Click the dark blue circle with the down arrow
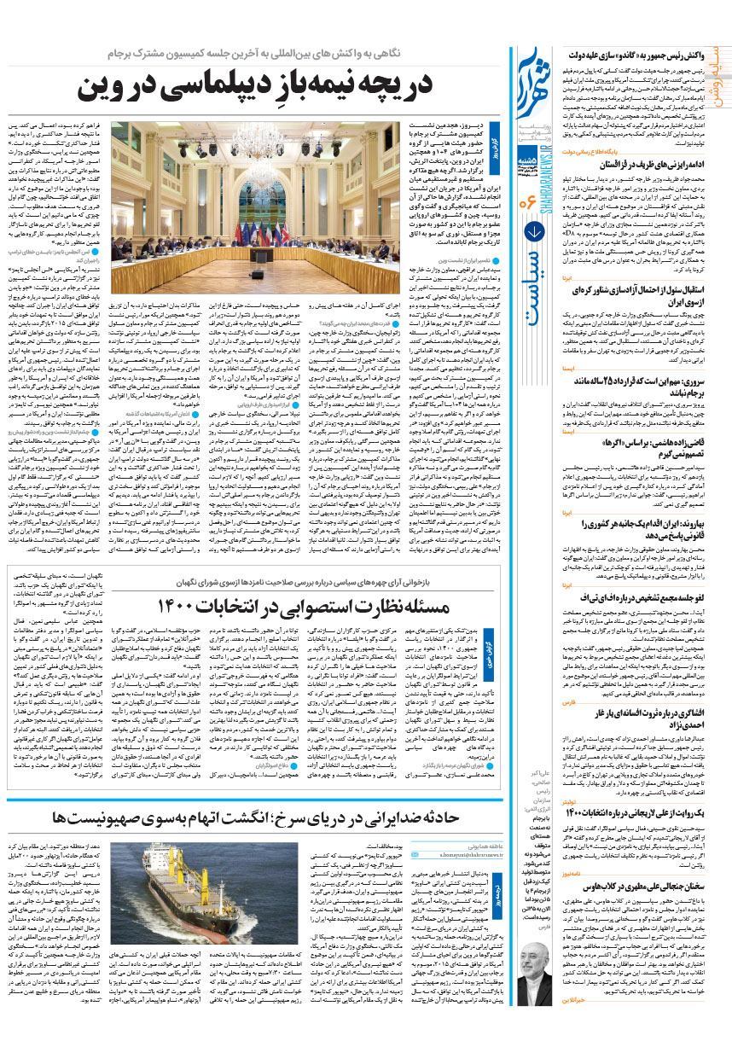535,253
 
